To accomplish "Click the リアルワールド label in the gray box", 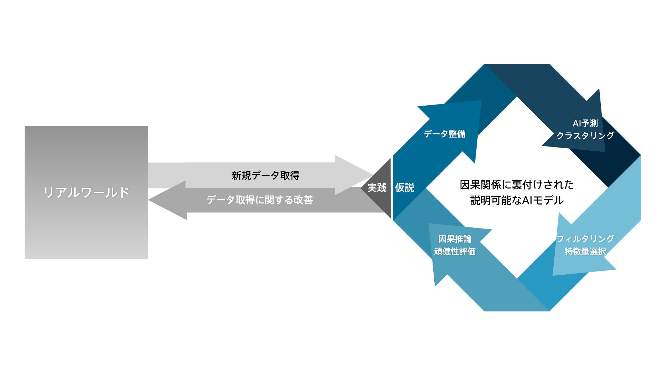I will pos(86,192).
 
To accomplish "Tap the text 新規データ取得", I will pos(265,175).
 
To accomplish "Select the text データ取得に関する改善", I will pos(260,200).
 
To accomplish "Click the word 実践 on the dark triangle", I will pos(377,187).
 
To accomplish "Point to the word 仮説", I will pos(404,187).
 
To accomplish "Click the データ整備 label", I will pos(444,134).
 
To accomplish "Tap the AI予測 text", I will pos(585,123).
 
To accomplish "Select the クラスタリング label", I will pos(585,135).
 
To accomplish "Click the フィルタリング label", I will pos(585,239).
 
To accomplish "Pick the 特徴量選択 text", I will pos(585,251).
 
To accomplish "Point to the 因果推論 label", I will pos(455,239).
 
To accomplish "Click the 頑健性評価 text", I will pos(455,251).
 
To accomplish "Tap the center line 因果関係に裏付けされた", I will pos(516,185).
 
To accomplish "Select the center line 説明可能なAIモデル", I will pos(516,200).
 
